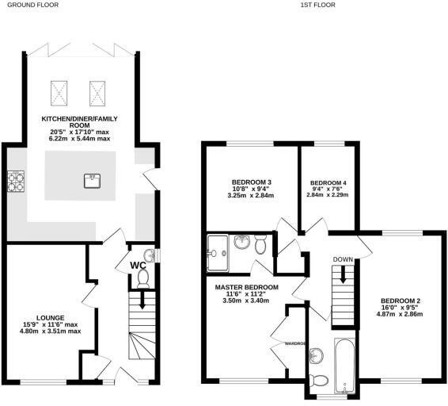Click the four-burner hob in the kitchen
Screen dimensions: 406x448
click(14, 182)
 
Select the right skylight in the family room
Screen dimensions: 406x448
click(97, 92)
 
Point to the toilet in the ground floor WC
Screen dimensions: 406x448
click(142, 278)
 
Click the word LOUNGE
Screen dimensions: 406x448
click(49, 316)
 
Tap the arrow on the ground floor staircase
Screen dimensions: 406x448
click(142, 301)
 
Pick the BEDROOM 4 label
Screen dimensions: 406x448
click(328, 182)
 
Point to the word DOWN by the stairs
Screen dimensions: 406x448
click(343, 259)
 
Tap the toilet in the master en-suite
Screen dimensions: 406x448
click(260, 245)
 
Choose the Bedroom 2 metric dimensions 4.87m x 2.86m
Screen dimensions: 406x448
click(402, 314)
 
